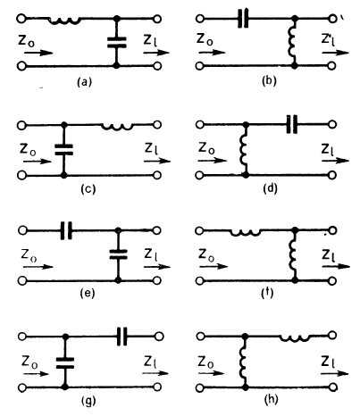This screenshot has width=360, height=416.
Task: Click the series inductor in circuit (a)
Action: (x=64, y=21)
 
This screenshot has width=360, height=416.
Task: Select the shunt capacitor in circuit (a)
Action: (x=117, y=42)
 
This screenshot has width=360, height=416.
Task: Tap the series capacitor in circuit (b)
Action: (x=243, y=19)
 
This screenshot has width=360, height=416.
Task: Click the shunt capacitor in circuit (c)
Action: (x=63, y=150)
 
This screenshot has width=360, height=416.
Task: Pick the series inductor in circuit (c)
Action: (x=117, y=127)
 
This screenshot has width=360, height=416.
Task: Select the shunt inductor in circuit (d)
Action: (x=244, y=150)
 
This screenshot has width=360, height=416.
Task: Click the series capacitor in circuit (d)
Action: (x=292, y=124)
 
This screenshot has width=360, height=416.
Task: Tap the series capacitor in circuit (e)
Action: (x=66, y=230)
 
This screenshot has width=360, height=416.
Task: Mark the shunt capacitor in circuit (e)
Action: (x=118, y=254)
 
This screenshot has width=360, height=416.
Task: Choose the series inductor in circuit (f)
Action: (x=246, y=232)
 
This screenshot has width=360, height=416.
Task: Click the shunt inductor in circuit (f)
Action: (x=292, y=255)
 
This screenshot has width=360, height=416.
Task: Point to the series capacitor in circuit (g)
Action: (x=121, y=337)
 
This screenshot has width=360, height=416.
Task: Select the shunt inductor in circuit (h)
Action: (x=243, y=361)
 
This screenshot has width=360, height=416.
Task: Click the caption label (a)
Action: (x=84, y=81)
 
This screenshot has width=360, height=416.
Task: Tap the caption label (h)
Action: (x=271, y=399)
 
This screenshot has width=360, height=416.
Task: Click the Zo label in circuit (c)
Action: (x=28, y=149)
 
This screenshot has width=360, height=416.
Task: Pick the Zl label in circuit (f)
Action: (x=330, y=255)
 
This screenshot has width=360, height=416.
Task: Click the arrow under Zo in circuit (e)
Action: (x=38, y=267)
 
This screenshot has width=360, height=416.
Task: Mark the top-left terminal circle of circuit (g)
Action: (x=22, y=337)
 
